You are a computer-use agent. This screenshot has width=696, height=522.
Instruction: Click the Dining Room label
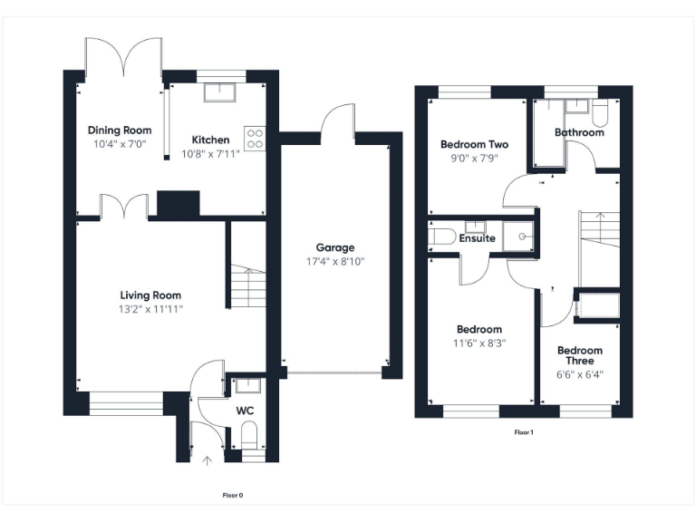point(117,130)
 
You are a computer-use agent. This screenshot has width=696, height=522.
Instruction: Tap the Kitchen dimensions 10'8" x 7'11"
point(210,154)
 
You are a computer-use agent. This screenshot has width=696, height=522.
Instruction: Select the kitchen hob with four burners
point(255,139)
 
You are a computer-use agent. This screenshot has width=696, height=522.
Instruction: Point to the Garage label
point(334,247)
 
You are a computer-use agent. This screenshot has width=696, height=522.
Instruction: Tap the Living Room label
point(150,295)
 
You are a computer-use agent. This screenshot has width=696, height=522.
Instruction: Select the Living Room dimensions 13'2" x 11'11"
point(150,309)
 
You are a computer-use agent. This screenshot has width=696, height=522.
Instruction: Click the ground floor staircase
point(246,288)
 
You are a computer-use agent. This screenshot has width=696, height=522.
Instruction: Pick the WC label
point(245,411)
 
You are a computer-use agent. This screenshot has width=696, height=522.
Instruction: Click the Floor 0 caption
point(233,495)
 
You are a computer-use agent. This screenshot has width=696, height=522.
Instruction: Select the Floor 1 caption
point(524,432)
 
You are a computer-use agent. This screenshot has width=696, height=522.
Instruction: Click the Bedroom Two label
point(474,144)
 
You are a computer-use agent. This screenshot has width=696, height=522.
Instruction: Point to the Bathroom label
point(579,132)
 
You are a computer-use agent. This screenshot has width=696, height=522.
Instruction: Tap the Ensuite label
point(478,238)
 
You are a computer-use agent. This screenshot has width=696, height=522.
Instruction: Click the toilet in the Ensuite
point(441,238)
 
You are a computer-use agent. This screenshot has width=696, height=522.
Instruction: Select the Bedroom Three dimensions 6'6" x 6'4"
point(579,372)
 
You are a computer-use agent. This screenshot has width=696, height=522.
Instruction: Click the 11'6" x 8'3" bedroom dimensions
point(479,343)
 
